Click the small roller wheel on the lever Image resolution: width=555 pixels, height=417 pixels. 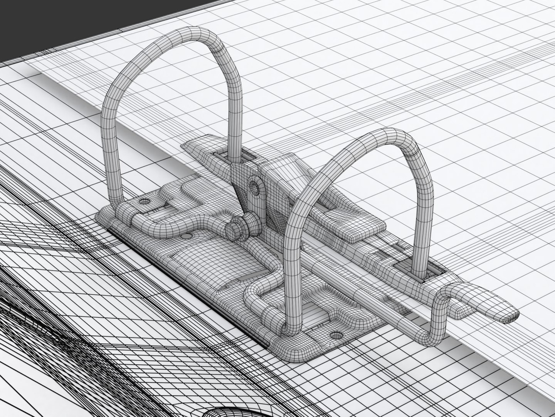pos(235,228)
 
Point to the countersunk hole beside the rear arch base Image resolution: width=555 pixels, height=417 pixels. pos(145,202)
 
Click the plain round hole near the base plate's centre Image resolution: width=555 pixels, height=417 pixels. pos(187,236)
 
